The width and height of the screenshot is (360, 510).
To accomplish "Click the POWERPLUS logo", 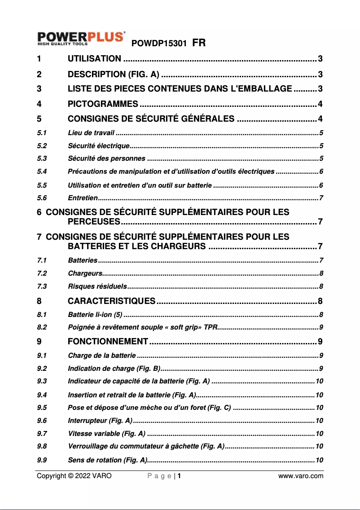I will (x=81, y=38).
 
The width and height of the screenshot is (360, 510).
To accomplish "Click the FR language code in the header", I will (x=199, y=44).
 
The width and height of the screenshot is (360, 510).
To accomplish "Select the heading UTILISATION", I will (x=94, y=59).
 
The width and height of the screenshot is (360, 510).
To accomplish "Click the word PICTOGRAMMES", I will (x=103, y=105).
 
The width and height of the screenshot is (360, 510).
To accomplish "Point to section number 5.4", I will (x=42, y=171).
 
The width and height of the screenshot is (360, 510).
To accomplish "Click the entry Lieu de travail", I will (x=91, y=132).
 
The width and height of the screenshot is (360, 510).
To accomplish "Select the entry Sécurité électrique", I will (x=98, y=145).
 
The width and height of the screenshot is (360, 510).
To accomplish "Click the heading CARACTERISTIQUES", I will (x=112, y=301).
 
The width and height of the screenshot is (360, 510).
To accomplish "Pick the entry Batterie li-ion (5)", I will (x=95, y=314).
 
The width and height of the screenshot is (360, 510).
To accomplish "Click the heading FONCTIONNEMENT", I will (x=108, y=342).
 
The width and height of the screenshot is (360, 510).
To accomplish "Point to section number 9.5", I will (x=42, y=408).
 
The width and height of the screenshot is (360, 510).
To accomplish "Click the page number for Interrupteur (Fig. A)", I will (x=319, y=421).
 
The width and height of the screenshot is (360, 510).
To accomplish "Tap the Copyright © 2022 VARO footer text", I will (x=74, y=476).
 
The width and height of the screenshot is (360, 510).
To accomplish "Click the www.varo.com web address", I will (x=301, y=476).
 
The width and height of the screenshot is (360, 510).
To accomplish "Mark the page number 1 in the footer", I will (x=179, y=476).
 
